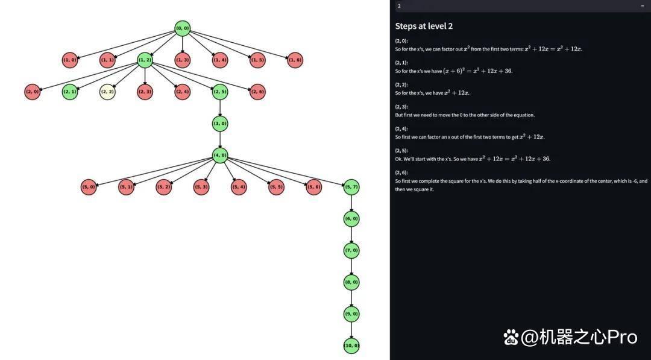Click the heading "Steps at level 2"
[x=424, y=26]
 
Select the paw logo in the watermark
[x=512, y=336]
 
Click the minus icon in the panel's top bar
[x=643, y=6]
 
